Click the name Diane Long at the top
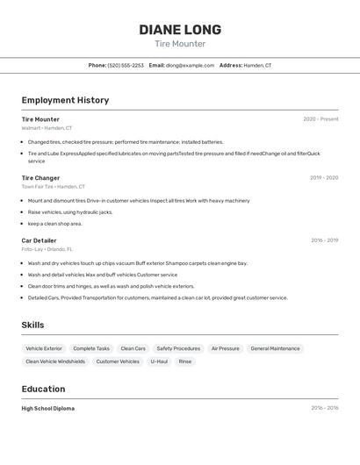point(180,30)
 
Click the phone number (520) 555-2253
point(126,65)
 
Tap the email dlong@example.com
point(190,65)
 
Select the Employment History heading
point(65,100)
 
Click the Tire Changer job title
point(40,178)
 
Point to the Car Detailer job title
point(39,240)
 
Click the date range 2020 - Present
point(320,119)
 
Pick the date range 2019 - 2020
point(324,178)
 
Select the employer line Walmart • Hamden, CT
point(47,128)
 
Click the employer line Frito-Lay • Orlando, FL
point(47,249)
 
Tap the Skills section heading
point(32,325)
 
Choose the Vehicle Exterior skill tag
point(44,348)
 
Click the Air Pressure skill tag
point(225,348)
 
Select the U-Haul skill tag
point(159,361)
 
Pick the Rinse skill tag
point(184,361)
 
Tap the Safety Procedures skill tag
point(178,348)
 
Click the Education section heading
point(43,389)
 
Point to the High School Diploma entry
point(48,408)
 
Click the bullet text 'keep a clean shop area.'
point(54,224)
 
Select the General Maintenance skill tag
point(275,348)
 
